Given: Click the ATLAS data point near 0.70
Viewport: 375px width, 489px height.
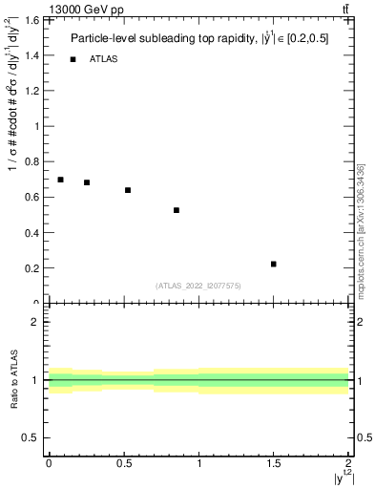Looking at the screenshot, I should (x=60, y=180).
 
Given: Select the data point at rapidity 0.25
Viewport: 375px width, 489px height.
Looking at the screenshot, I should (x=87, y=182).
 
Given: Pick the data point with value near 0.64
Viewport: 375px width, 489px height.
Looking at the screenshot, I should (x=127, y=190).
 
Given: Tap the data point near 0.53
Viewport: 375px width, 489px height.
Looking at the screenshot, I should (x=177, y=210).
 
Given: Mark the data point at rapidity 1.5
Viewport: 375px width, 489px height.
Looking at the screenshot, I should (x=274, y=264).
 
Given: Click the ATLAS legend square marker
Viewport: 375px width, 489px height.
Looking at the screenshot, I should (x=73, y=59).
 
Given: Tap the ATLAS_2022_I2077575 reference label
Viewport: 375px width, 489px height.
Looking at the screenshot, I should (x=198, y=286).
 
